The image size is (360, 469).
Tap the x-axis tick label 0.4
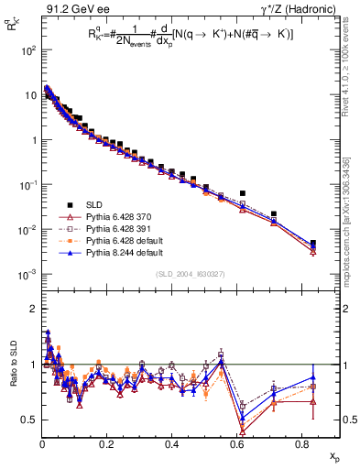click(x=171, y=443)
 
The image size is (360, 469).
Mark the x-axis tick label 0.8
click(x=300, y=443)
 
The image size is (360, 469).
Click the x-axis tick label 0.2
click(x=106, y=443)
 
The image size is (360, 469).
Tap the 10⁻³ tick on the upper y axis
click(x=27, y=274)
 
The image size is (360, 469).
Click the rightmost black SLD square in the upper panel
click(x=313, y=243)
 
